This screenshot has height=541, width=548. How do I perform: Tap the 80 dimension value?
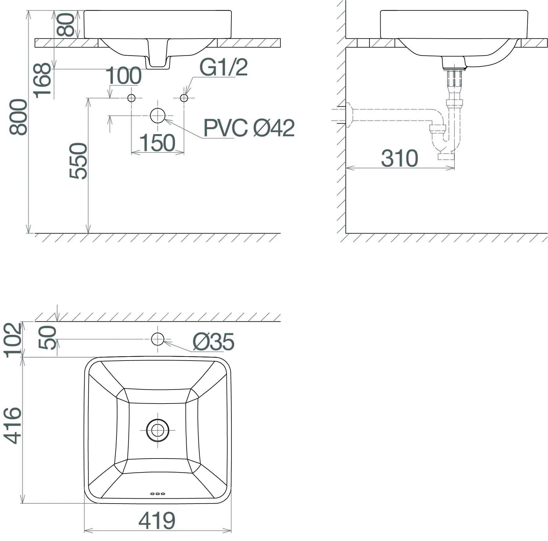[65, 25]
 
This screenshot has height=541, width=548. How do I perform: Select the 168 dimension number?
[42, 80]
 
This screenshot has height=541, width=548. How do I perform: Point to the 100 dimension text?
[124, 76]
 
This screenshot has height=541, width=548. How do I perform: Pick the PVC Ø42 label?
[249, 128]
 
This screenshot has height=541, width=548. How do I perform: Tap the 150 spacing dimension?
[158, 143]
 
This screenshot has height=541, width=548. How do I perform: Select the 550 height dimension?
[78, 161]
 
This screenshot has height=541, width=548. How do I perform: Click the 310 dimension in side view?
[399, 158]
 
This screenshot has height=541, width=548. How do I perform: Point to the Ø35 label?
[213, 342]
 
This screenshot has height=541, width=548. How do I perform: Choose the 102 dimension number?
[13, 340]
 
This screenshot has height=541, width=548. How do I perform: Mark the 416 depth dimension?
[13, 425]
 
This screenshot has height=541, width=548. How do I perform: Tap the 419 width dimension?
[157, 521]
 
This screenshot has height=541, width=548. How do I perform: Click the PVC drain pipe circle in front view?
[158, 116]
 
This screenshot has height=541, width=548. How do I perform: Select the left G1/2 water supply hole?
[132, 98]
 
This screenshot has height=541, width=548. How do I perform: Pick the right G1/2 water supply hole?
[184, 98]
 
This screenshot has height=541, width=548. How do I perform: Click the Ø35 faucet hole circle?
[158, 339]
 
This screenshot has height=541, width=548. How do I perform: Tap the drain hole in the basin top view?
[158, 430]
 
